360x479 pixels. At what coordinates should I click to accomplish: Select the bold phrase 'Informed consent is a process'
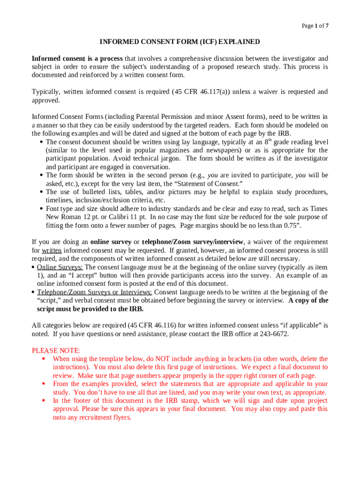click(x=77, y=58)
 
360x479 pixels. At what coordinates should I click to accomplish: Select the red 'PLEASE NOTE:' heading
click(x=56, y=350)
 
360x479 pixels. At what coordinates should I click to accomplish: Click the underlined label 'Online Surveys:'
click(x=60, y=267)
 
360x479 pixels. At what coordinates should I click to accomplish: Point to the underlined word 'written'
click(x=52, y=250)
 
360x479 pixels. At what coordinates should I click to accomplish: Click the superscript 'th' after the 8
click(x=270, y=140)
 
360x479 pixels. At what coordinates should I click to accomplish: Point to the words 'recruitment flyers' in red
click(x=103, y=418)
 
